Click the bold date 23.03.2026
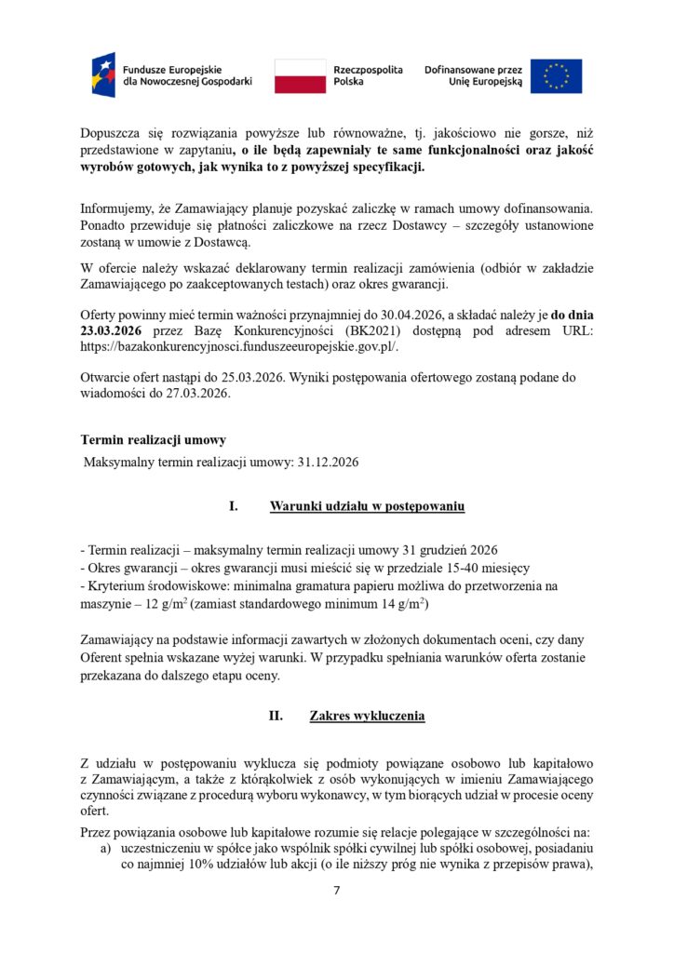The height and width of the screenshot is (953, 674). tap(111, 329)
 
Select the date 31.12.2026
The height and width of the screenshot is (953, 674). tap(328, 461)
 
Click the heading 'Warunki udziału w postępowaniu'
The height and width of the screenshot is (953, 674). tap(367, 507)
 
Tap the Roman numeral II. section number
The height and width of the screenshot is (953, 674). tap(276, 717)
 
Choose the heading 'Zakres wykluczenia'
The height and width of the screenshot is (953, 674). tap(367, 717)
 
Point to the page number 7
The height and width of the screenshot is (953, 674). tap(337, 892)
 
